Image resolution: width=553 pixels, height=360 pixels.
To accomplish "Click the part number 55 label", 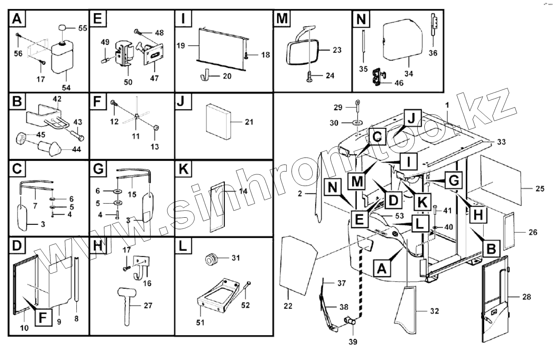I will (x=82, y=28).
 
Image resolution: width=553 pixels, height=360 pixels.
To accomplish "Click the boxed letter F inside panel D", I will (x=42, y=318).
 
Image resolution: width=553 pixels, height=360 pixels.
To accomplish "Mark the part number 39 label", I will (x=353, y=341).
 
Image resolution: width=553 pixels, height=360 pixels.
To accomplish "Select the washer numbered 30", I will (x=357, y=122).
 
